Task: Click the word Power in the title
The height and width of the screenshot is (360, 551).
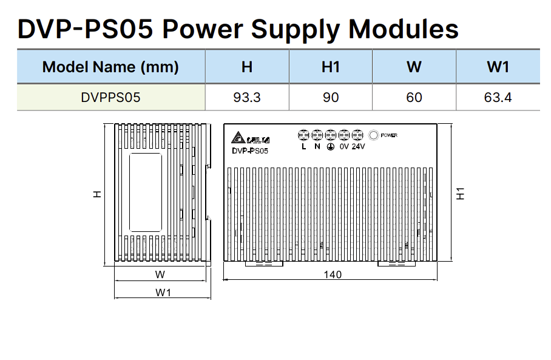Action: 203,29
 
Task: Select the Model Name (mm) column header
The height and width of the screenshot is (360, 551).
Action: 110,67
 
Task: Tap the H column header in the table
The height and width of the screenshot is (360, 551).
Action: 247,67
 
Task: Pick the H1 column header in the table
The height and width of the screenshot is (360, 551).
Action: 331,67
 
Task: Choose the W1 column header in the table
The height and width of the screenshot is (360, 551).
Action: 498,67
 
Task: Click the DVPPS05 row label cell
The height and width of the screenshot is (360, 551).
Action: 110,97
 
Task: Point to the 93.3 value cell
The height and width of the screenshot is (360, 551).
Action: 247,97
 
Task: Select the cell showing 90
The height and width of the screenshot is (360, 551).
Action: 331,97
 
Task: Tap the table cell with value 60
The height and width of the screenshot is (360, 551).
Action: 414,97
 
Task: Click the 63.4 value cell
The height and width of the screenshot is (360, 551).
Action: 498,97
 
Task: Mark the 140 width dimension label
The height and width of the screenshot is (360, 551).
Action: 333,274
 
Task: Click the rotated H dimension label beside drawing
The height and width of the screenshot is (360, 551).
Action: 97,194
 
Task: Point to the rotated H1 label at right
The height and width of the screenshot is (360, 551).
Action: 460,194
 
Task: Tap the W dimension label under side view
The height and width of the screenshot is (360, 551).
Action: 160,274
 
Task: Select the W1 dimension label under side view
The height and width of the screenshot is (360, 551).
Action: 163,293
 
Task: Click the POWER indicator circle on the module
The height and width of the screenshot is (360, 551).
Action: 374,135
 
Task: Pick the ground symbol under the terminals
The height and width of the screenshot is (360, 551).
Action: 331,147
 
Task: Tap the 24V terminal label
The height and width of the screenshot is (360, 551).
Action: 358,146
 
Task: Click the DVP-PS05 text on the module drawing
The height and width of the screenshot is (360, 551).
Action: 250,151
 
